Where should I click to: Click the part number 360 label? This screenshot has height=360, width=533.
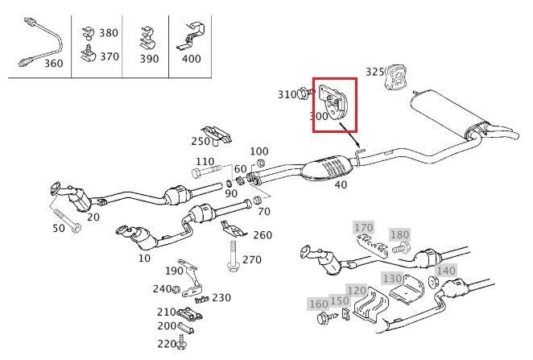point(53,63)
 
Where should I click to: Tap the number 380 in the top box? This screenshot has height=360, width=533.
point(108,33)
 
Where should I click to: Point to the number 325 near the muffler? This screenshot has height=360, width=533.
point(375,72)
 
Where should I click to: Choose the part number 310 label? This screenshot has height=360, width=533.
point(287,94)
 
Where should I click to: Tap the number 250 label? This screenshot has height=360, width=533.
point(200,142)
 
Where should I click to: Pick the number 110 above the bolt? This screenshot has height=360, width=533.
point(205,161)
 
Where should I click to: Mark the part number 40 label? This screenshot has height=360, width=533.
point(341,184)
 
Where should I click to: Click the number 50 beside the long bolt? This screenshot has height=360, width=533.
point(58,229)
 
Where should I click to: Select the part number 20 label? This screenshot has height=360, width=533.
point(93,217)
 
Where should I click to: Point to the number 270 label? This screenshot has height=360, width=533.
point(251,259)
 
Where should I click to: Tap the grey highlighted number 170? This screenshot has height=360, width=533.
point(364,228)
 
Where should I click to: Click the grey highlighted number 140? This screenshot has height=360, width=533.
point(445,271)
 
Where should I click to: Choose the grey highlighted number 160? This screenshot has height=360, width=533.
point(318,304)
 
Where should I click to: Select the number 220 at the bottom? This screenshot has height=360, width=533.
point(167,343)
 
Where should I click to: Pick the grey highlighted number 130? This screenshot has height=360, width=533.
point(392,279)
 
